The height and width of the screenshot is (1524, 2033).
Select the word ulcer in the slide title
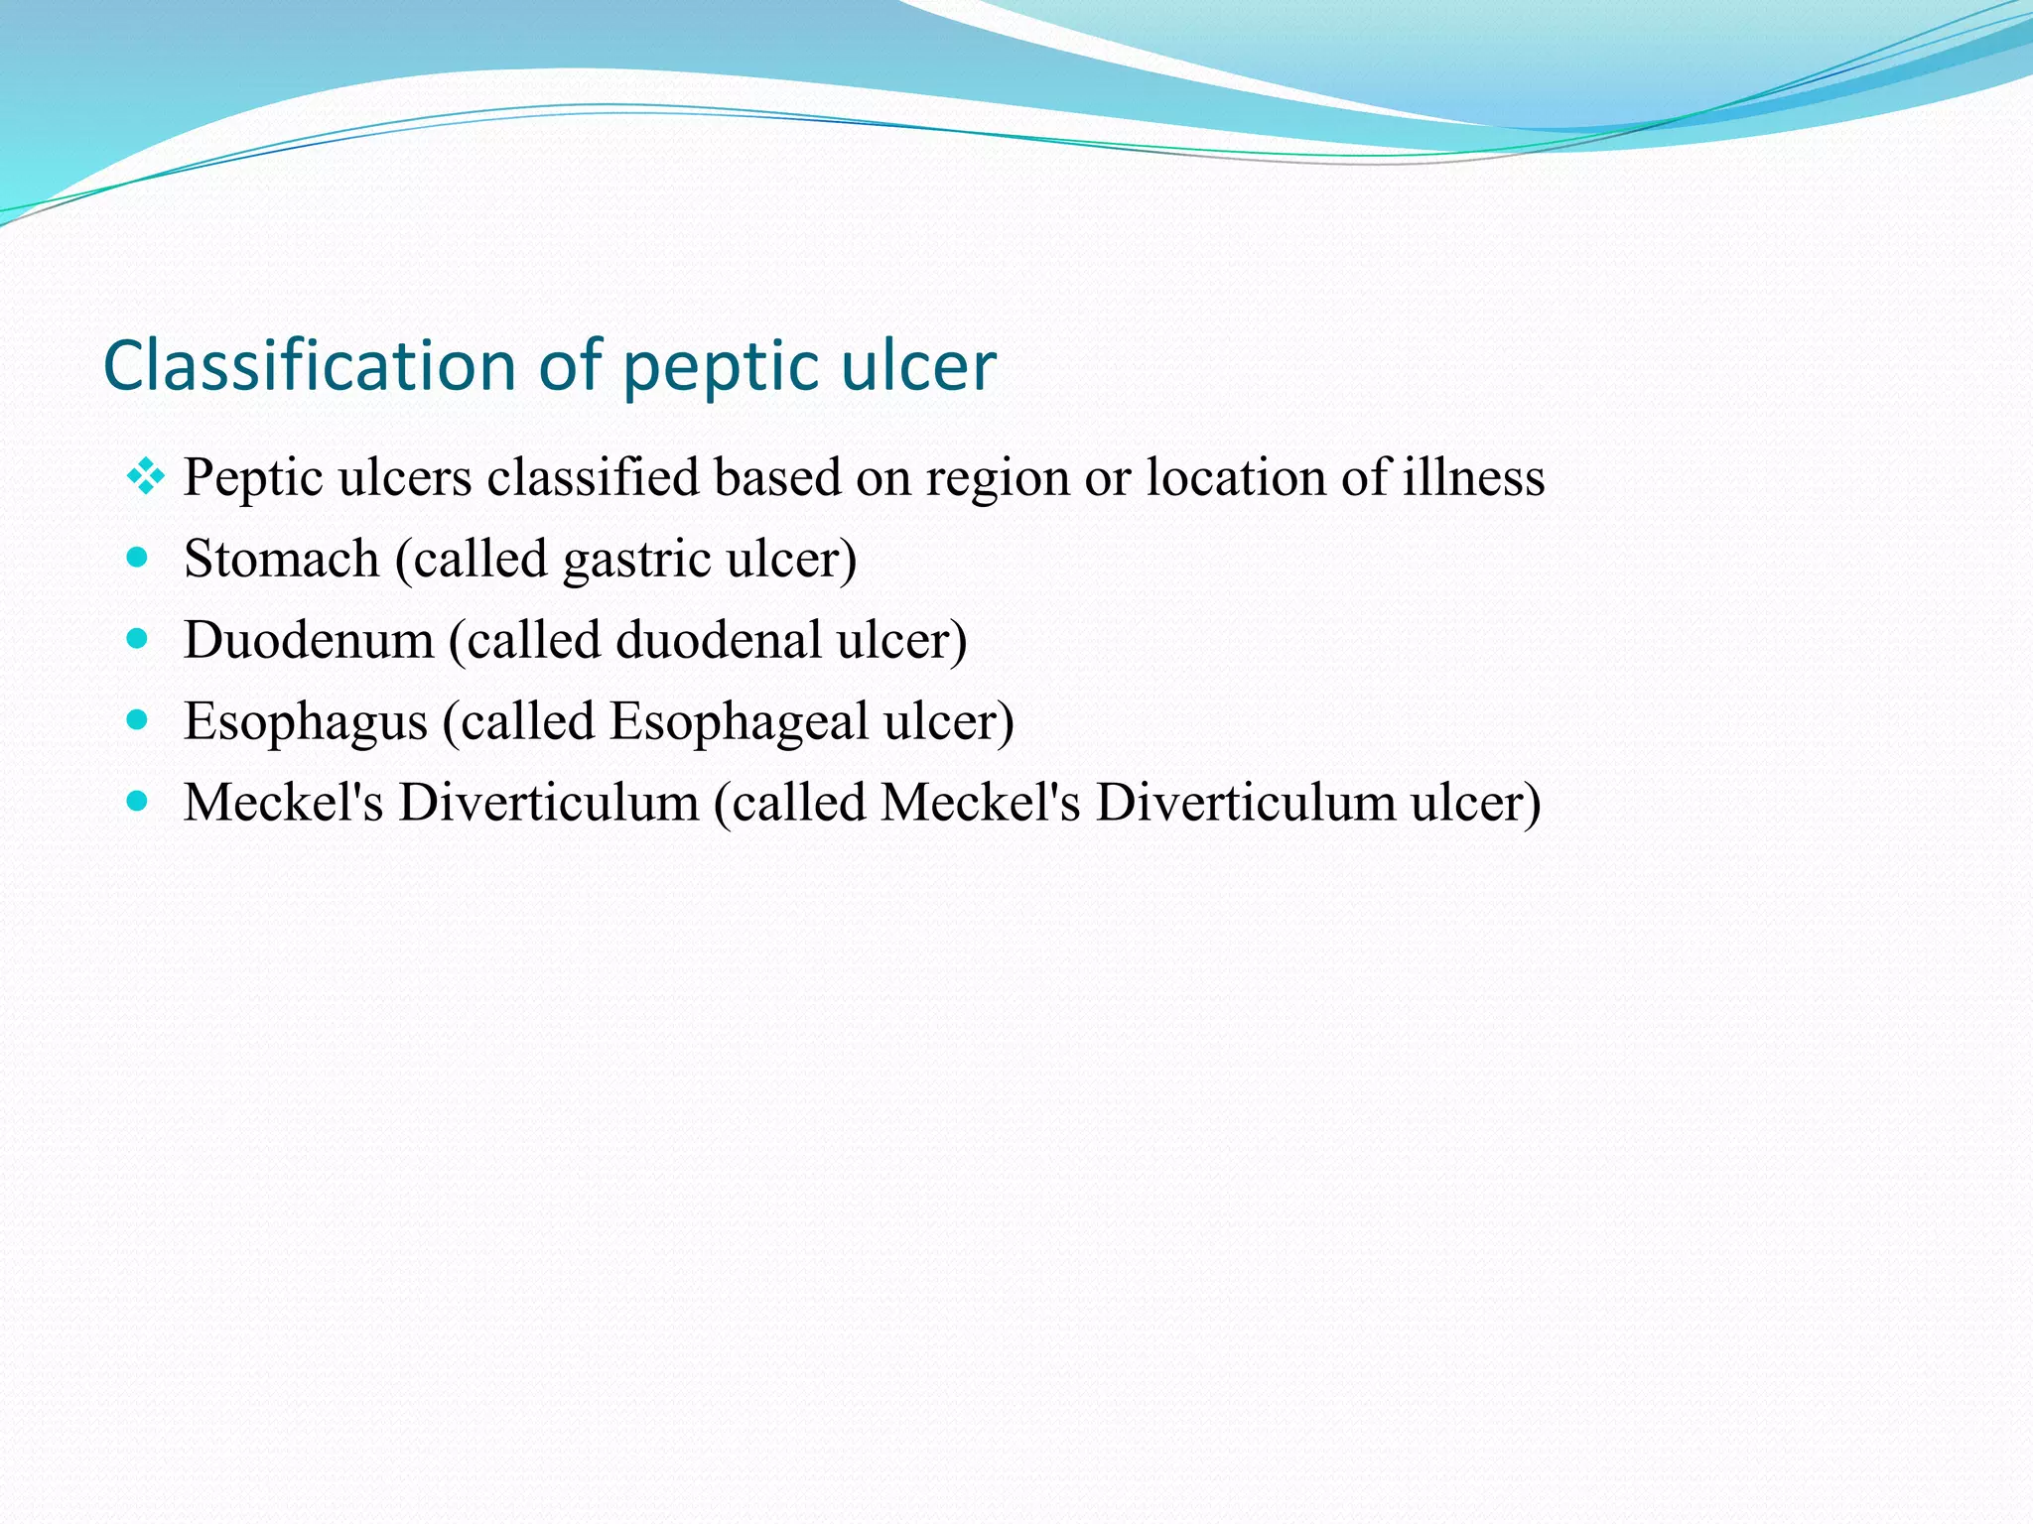point(917,365)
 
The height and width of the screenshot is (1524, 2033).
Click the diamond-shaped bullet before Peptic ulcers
point(145,477)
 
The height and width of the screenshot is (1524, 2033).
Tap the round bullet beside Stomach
point(137,558)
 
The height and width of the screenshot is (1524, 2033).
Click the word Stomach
point(282,559)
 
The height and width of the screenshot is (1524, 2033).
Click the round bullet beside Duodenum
point(137,639)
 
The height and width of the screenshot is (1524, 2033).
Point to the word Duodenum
point(309,640)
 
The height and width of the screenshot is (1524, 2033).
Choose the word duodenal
point(718,640)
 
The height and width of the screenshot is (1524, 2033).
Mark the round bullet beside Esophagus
point(137,720)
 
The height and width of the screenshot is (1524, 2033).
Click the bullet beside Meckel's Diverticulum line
point(137,801)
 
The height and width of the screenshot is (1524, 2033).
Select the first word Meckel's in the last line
point(283,802)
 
